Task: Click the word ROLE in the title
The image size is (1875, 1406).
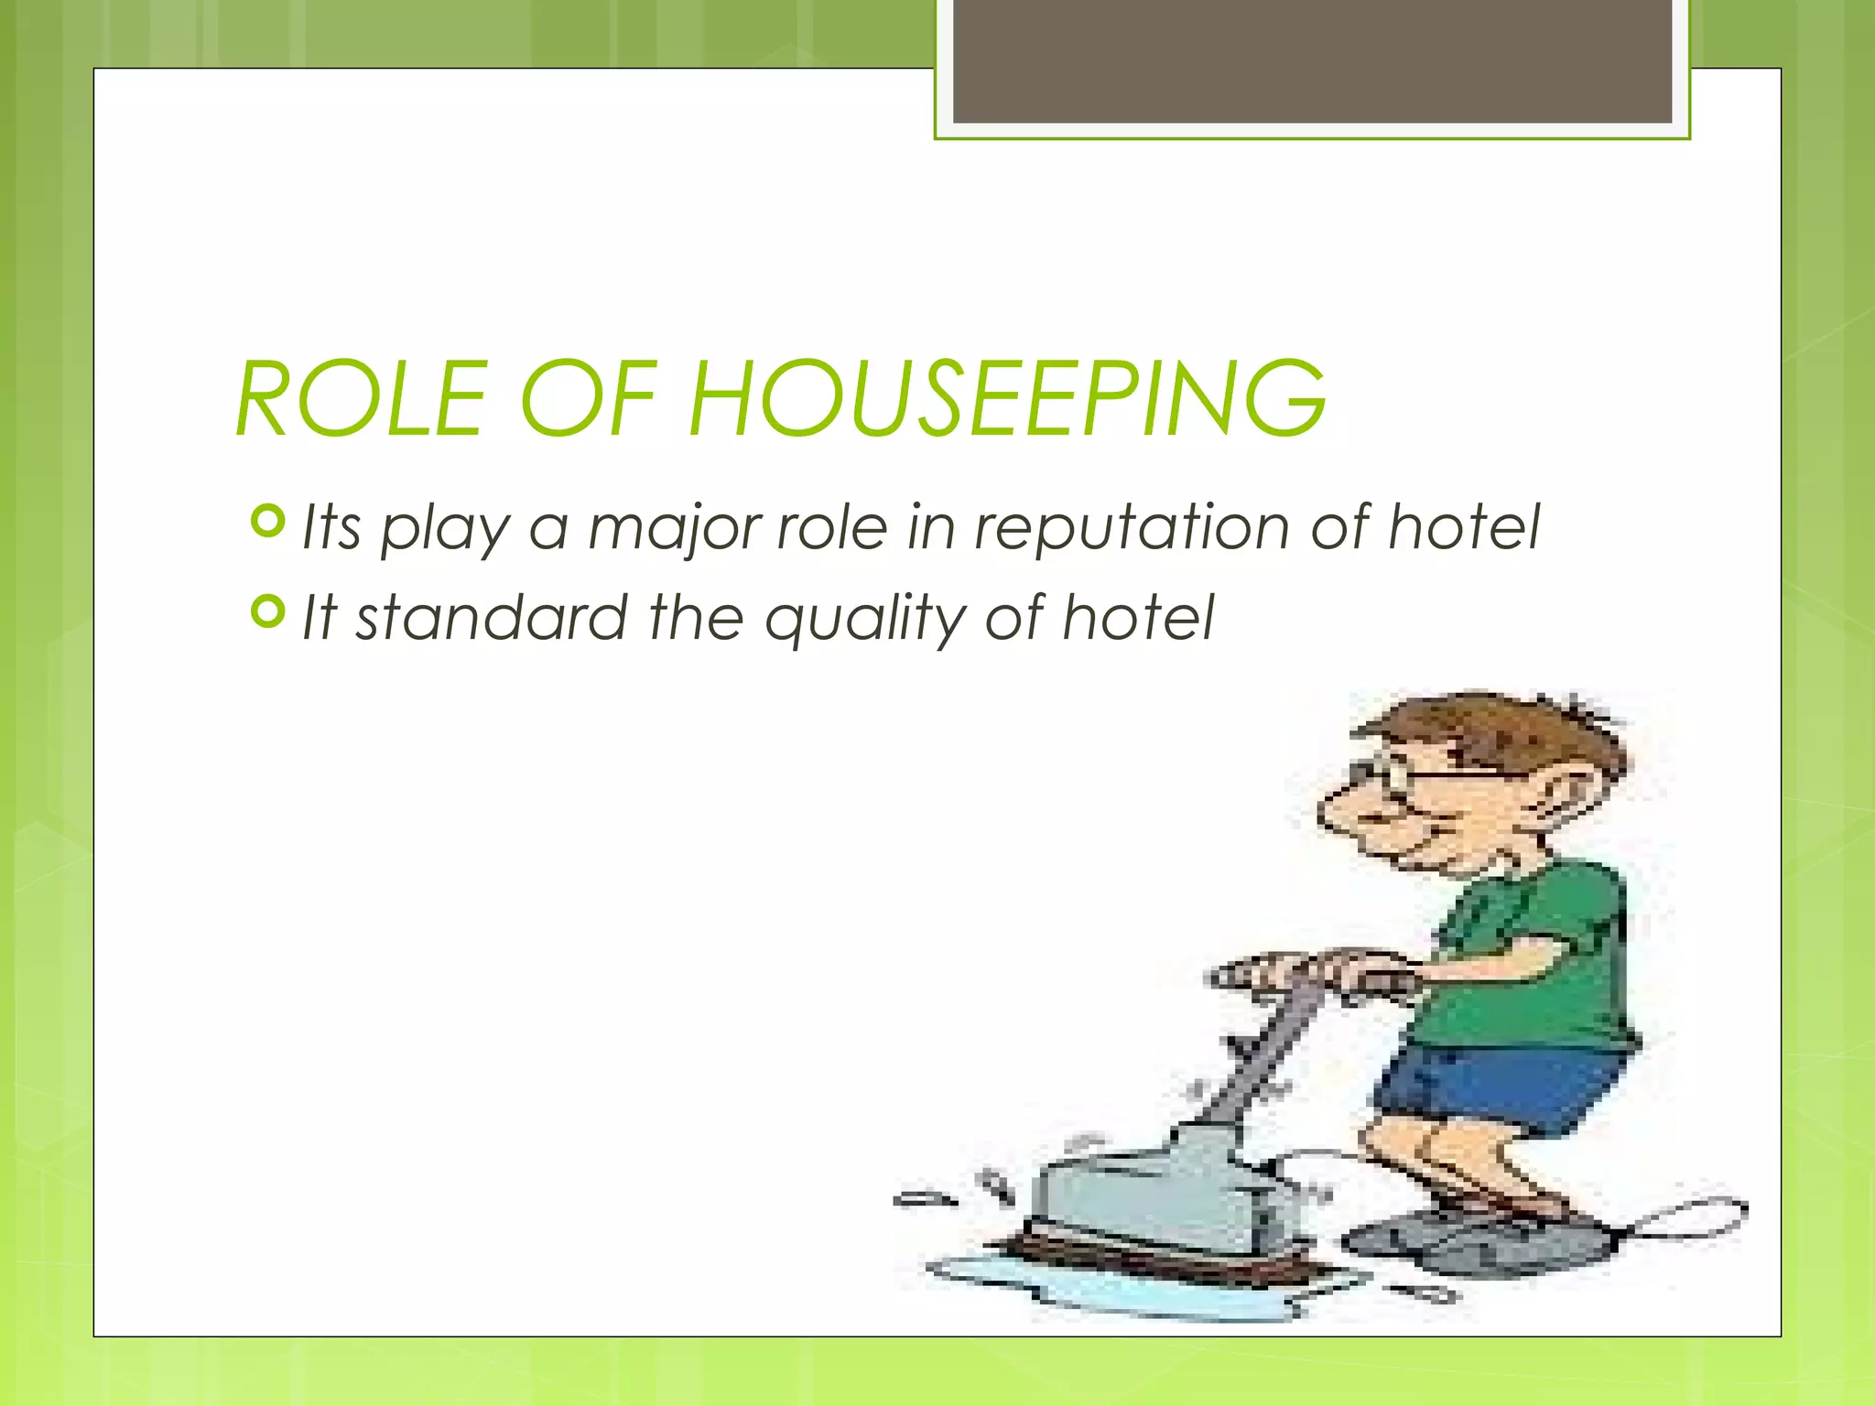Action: pyautogui.click(x=360, y=399)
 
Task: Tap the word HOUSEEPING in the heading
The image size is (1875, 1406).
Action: pyautogui.click(x=1006, y=399)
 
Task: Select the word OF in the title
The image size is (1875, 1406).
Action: pyautogui.click(x=588, y=399)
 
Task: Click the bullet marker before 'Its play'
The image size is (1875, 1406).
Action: pyautogui.click(x=267, y=522)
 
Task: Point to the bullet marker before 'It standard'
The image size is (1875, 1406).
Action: pyautogui.click(x=267, y=611)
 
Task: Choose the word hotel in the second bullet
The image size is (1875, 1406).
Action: pyautogui.click(x=1137, y=617)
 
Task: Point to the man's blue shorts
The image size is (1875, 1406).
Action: pyautogui.click(x=1501, y=1089)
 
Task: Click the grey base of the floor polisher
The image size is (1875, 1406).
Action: pyautogui.click(x=1154, y=1190)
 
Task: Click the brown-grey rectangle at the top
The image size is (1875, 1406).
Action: pyautogui.click(x=1312, y=60)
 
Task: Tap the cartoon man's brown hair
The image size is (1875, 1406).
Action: pyautogui.click(x=1501, y=732)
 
